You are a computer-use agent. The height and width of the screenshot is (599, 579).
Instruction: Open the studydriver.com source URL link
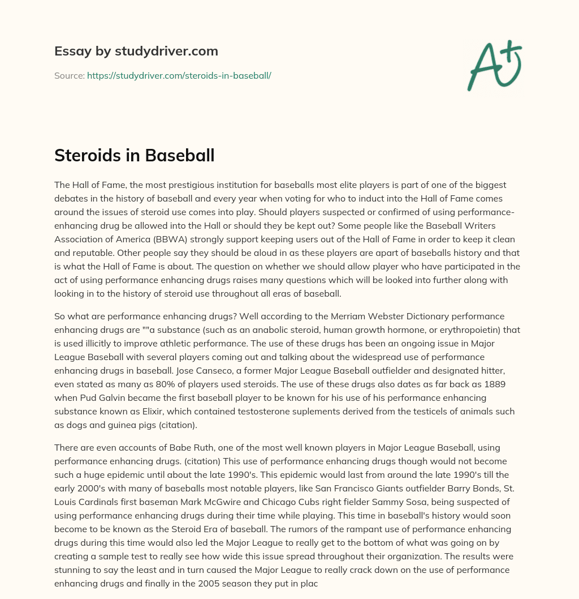click(179, 75)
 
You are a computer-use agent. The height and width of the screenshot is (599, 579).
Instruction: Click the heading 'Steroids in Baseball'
click(134, 155)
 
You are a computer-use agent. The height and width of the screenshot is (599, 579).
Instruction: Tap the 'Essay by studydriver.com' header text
click(136, 51)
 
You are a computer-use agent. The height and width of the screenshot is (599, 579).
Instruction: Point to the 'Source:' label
click(69, 75)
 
